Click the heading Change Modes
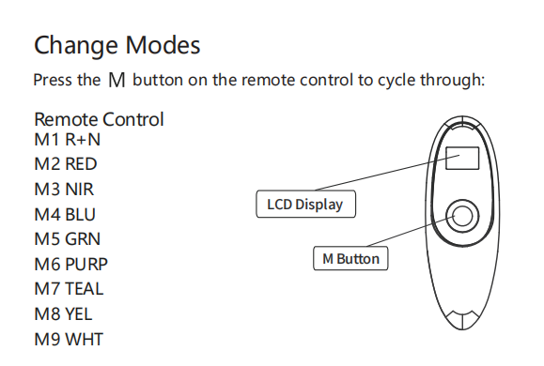click(117, 45)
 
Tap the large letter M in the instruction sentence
click(117, 80)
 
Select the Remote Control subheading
click(99, 119)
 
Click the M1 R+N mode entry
click(68, 140)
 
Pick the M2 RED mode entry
click(66, 164)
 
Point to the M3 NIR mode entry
click(64, 190)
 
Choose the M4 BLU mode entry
click(65, 215)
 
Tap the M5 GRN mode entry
click(68, 239)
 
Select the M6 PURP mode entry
click(71, 265)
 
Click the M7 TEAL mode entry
click(69, 289)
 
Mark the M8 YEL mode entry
click(64, 314)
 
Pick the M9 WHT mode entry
click(69, 340)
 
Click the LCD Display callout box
click(305, 205)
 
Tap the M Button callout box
click(350, 259)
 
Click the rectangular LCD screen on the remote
click(462, 159)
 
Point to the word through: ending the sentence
click(453, 81)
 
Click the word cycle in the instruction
click(396, 81)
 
